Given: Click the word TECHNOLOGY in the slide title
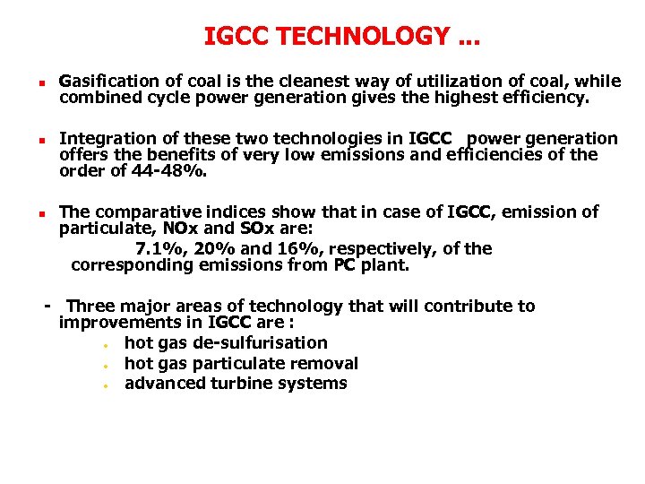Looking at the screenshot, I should pos(365,37).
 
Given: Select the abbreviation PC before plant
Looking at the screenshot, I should pos(344,265).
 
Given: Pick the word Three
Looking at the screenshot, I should pos(90,307).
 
